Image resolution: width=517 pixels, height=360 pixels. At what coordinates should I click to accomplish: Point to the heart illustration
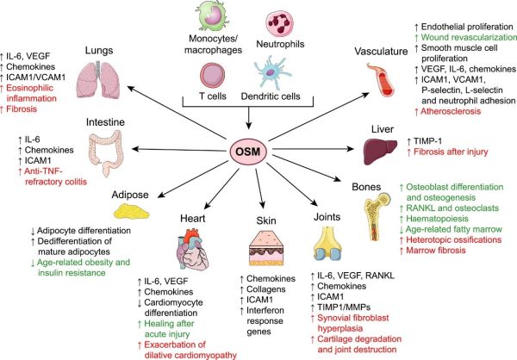183,245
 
